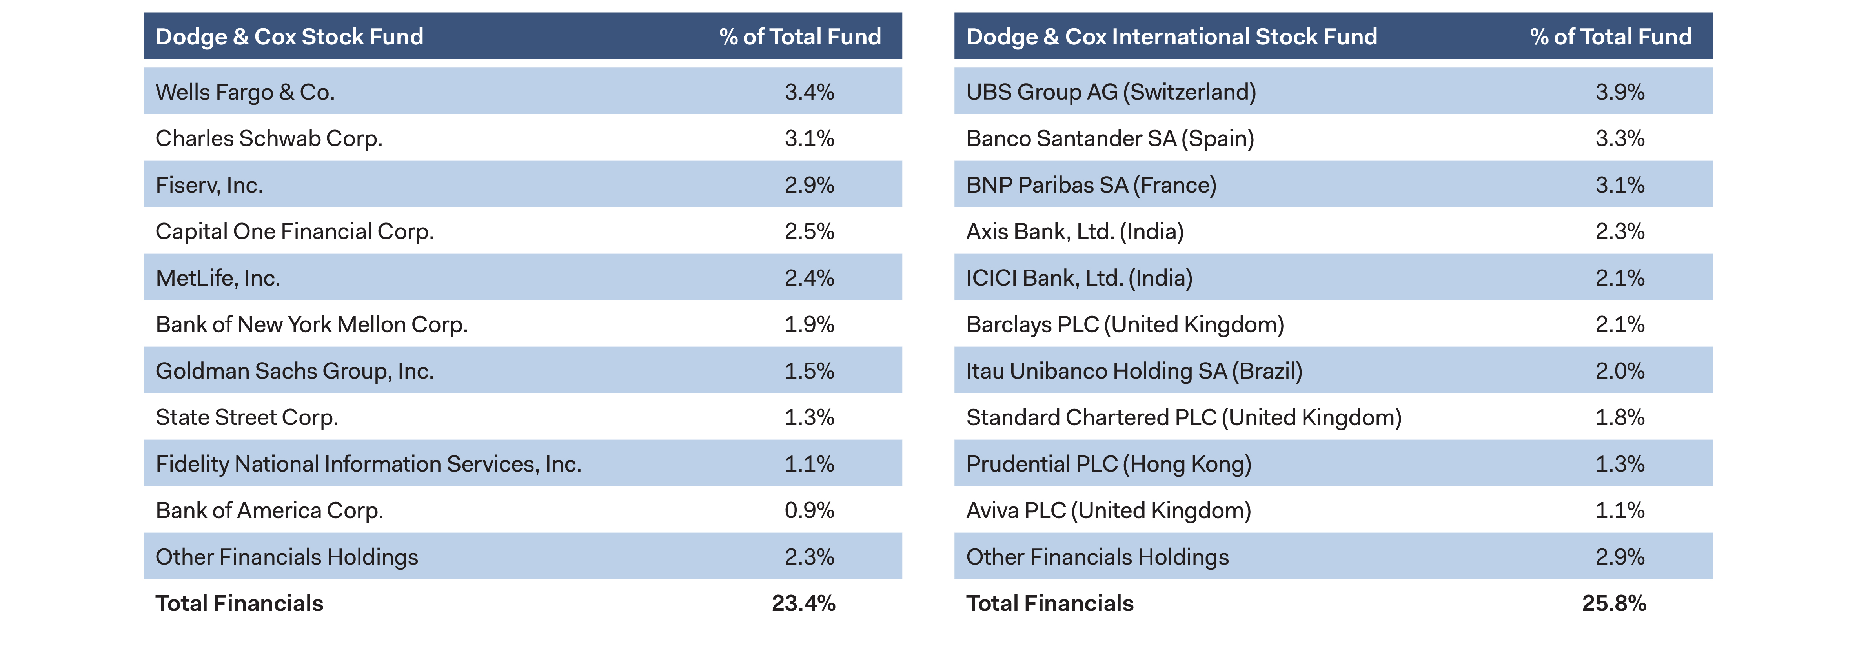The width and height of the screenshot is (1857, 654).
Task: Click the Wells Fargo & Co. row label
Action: click(245, 92)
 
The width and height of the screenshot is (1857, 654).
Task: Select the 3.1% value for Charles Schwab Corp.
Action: click(809, 138)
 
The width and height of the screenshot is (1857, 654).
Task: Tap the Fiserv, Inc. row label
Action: click(209, 185)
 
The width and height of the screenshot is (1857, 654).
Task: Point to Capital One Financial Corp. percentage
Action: click(809, 231)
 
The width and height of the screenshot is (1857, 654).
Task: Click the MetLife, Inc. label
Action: click(218, 278)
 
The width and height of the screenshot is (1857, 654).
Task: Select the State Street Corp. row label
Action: click(247, 417)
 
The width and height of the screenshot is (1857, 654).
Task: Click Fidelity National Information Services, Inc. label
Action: click(368, 464)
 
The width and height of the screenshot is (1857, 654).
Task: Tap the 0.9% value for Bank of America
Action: click(809, 510)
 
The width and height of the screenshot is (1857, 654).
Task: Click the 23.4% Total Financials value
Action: click(803, 603)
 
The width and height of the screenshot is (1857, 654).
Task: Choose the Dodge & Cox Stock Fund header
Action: click(289, 37)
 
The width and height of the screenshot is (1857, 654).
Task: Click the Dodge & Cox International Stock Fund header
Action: click(1171, 37)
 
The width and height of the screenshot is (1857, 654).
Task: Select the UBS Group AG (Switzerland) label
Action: click(1111, 92)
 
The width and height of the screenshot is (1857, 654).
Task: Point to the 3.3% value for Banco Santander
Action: click(1620, 138)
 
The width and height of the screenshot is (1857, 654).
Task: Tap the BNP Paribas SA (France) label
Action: click(1091, 185)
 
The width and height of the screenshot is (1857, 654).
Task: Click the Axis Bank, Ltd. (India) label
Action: click(1075, 231)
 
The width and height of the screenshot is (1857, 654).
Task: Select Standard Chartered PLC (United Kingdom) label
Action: click(1184, 417)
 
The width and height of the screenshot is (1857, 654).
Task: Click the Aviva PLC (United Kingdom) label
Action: click(1109, 510)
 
